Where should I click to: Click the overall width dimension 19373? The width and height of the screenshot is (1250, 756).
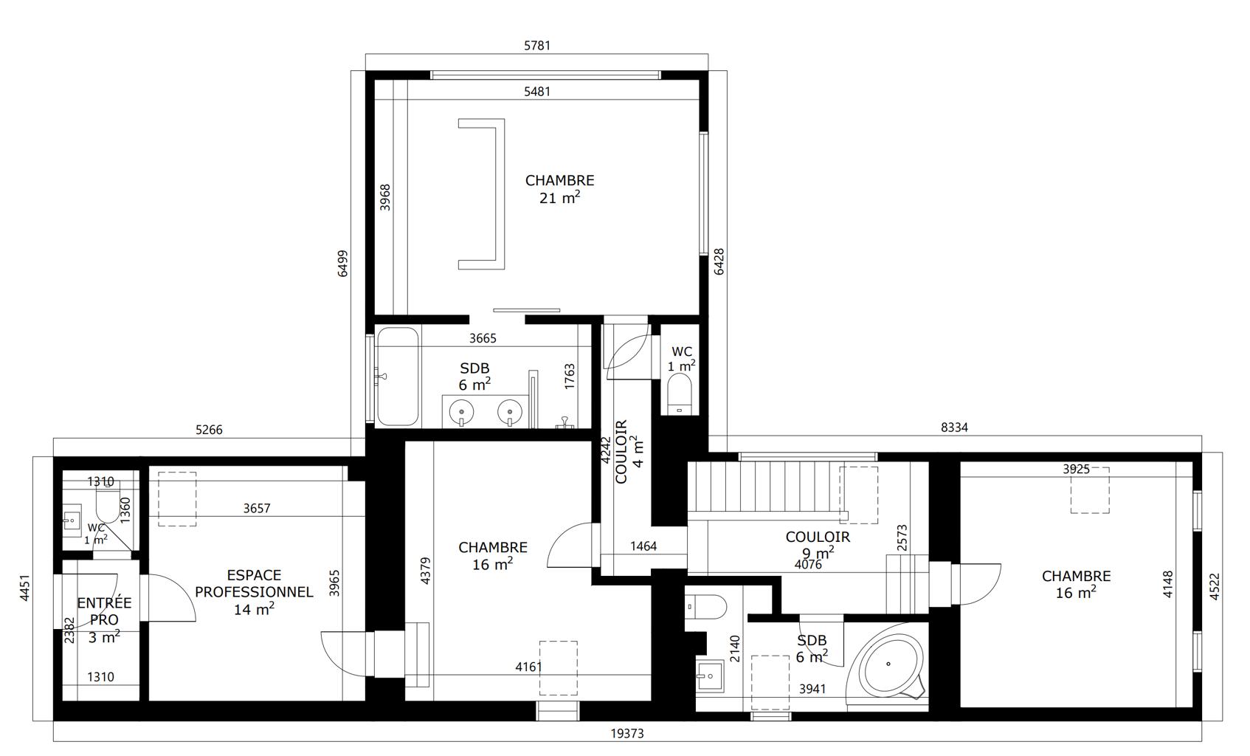(x=627, y=733)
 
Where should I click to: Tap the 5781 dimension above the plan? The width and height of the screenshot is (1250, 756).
(x=537, y=45)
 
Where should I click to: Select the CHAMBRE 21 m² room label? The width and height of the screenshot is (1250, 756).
(x=560, y=189)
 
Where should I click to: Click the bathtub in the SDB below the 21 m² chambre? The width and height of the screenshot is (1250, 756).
(x=398, y=377)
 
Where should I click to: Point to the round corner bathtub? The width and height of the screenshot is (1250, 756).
(x=888, y=664)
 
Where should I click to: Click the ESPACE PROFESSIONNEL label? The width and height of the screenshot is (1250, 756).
(x=254, y=583)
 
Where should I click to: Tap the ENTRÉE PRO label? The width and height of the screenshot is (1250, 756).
(x=104, y=611)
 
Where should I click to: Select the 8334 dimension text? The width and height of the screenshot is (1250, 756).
(x=954, y=427)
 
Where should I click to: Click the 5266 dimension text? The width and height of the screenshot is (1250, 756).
(x=209, y=430)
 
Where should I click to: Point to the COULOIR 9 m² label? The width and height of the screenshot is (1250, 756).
(x=818, y=545)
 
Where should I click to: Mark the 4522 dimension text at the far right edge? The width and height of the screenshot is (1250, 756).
(x=1215, y=587)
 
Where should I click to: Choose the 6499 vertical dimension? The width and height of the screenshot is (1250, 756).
(x=342, y=263)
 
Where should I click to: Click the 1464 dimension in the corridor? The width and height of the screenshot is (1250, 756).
(x=643, y=546)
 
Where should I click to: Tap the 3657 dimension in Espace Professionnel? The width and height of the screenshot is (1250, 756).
(x=257, y=508)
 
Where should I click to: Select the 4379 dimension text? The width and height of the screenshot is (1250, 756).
(x=425, y=571)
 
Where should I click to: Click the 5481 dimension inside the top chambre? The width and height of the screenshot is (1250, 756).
(x=537, y=92)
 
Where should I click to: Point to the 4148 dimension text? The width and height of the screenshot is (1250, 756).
(x=1168, y=584)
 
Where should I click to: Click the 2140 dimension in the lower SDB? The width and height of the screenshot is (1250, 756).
(x=735, y=649)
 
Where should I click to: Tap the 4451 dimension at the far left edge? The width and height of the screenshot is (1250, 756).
(x=24, y=588)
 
